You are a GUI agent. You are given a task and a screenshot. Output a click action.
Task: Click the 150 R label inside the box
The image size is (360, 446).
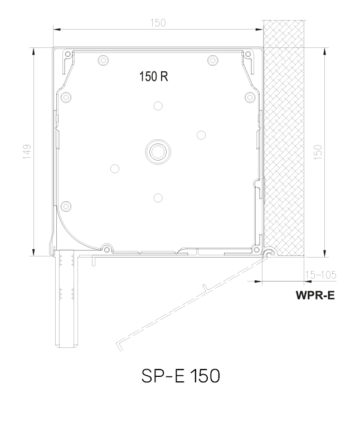[153, 77]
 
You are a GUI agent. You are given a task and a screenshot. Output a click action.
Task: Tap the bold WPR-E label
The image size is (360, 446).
[315, 295]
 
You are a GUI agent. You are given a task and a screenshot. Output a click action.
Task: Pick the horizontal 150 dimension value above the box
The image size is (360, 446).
[158, 23]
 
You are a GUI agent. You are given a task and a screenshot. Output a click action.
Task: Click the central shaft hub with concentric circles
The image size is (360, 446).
[158, 151]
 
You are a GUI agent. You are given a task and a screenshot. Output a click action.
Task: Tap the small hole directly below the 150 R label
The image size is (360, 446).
[158, 105]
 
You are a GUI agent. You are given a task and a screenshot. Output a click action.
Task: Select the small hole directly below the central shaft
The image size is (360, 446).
[158, 197]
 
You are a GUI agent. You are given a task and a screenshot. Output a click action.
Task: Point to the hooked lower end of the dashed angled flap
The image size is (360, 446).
[118, 345]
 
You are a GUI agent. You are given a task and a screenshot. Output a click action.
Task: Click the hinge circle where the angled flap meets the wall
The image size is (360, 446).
[269, 252]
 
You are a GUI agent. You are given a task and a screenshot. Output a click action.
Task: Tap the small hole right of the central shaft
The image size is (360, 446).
[201, 134]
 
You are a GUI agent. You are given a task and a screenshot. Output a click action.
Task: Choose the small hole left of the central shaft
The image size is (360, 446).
[115, 168]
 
